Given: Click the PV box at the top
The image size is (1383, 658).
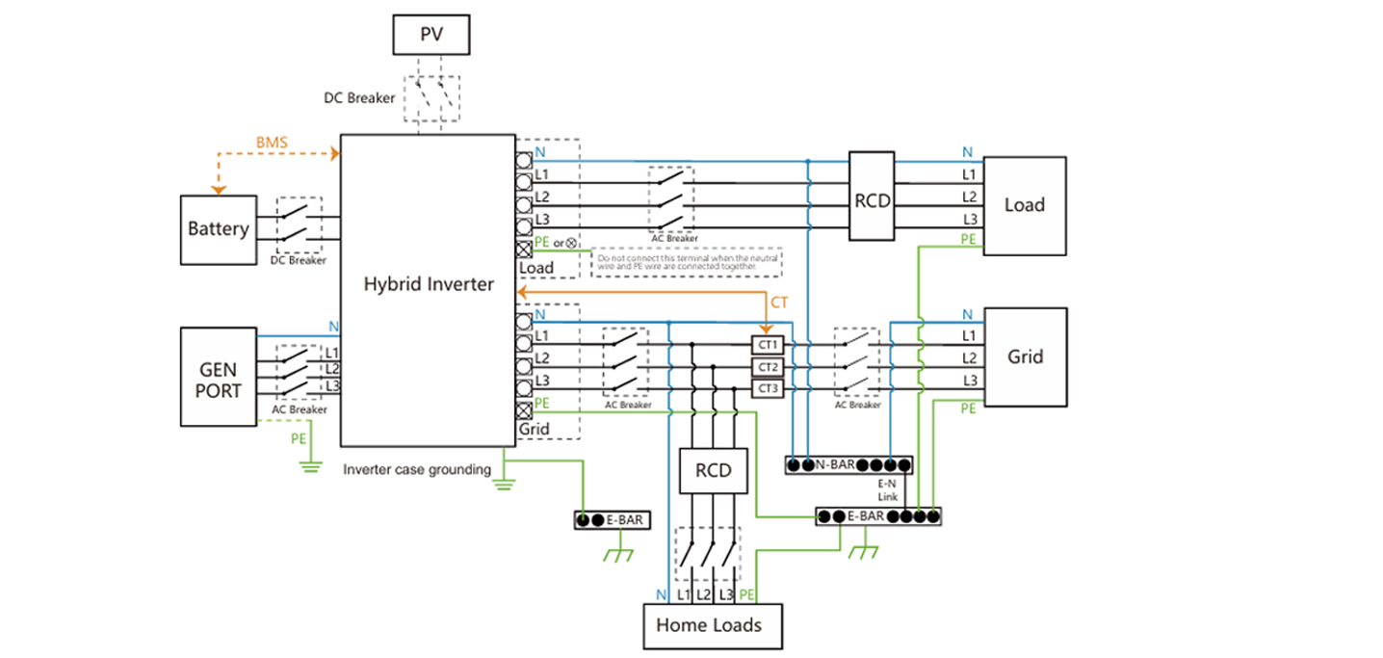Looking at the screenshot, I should pos(431,36).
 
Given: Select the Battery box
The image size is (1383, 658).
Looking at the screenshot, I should pos(219,229).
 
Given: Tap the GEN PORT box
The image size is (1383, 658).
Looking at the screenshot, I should pos(219,377).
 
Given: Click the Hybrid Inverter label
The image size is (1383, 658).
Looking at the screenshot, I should pos(428,284).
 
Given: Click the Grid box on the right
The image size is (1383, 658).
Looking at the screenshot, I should pos(1025,356).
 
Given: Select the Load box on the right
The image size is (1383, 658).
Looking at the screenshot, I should pos(1024,205).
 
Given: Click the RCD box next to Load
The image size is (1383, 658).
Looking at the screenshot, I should pos(872,200).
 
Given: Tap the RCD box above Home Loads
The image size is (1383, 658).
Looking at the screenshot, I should pos(713,471).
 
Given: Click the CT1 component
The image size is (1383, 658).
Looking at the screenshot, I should pos(769,344).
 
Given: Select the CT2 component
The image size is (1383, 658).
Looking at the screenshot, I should pos(769,367).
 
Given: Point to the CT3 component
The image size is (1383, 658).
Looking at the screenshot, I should pos(769,389).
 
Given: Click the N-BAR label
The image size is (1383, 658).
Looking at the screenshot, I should pos(835,465).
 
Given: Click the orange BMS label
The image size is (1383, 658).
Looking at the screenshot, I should pos(273,143).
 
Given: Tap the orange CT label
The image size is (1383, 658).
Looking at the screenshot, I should pos(779,303).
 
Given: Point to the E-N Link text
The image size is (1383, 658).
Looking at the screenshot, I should pos(888,491).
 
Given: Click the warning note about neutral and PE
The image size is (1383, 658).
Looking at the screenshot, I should pos(686,262).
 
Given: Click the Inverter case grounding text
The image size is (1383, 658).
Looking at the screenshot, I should pos(417,470).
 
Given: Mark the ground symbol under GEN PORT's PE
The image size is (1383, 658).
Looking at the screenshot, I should pos(309,467).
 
